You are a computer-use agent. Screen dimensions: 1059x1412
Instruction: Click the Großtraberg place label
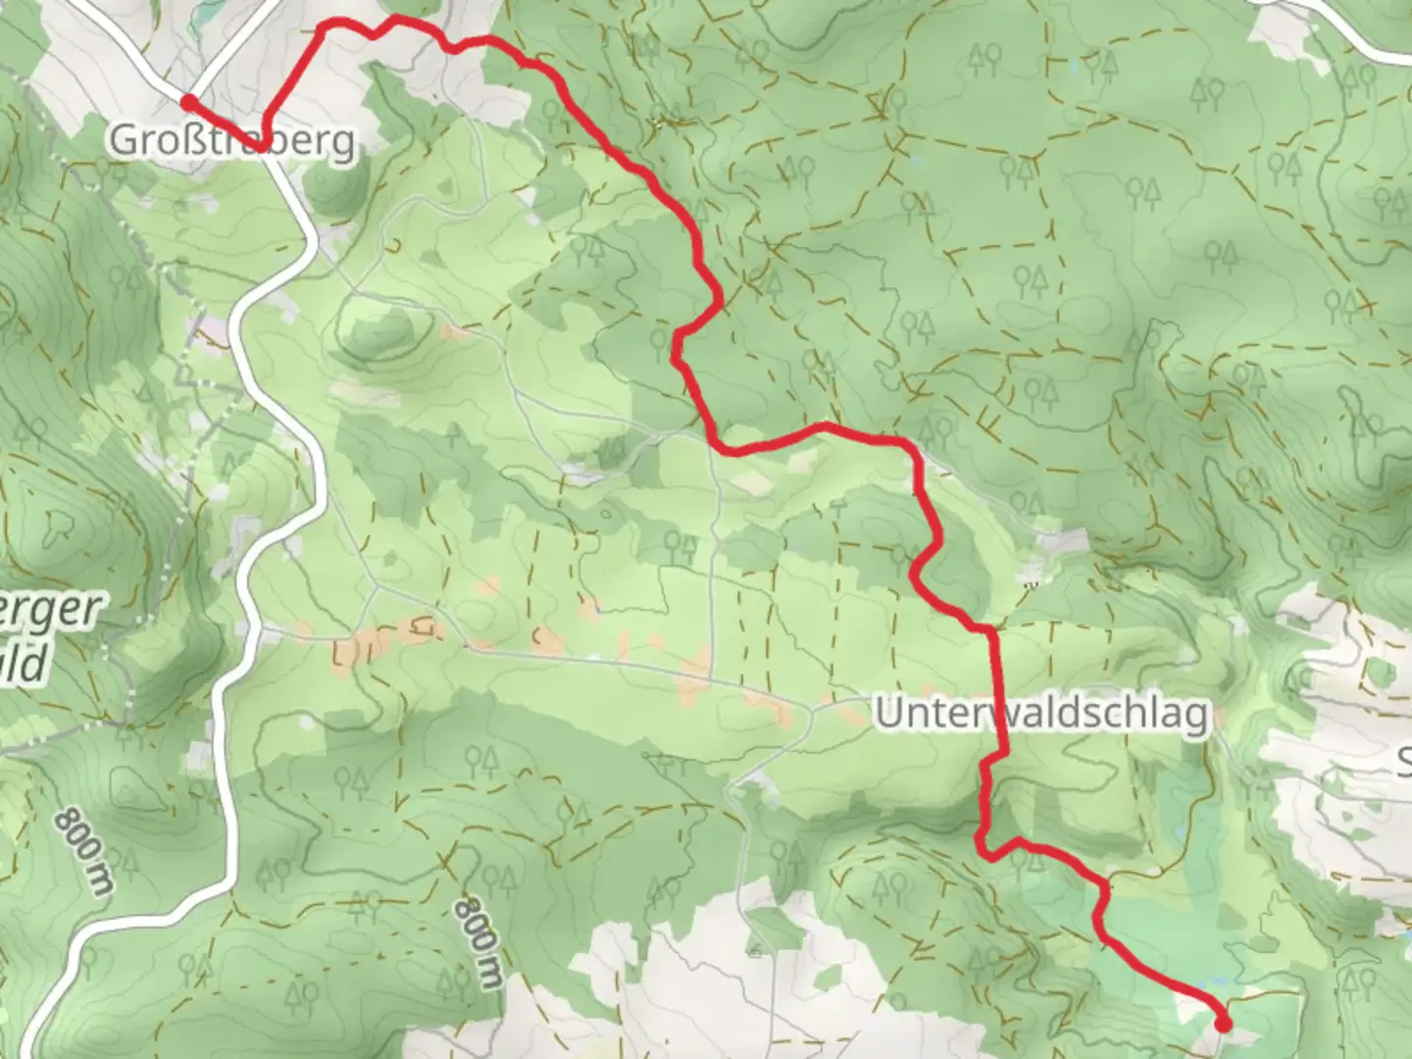[x=231, y=140]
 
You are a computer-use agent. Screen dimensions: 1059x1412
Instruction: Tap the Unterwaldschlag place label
[x=1041, y=714]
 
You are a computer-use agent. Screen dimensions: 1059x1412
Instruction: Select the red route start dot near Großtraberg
[x=187, y=100]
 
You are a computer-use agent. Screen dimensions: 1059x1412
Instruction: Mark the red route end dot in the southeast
[x=1223, y=1025]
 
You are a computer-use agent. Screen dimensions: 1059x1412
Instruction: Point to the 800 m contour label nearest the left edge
[x=83, y=849]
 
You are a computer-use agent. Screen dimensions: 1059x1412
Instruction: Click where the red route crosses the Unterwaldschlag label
[x=998, y=714]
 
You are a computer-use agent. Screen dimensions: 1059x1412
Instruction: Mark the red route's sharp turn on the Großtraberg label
[x=266, y=145]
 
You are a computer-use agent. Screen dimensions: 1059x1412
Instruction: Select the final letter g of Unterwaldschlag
[x=1196, y=718]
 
